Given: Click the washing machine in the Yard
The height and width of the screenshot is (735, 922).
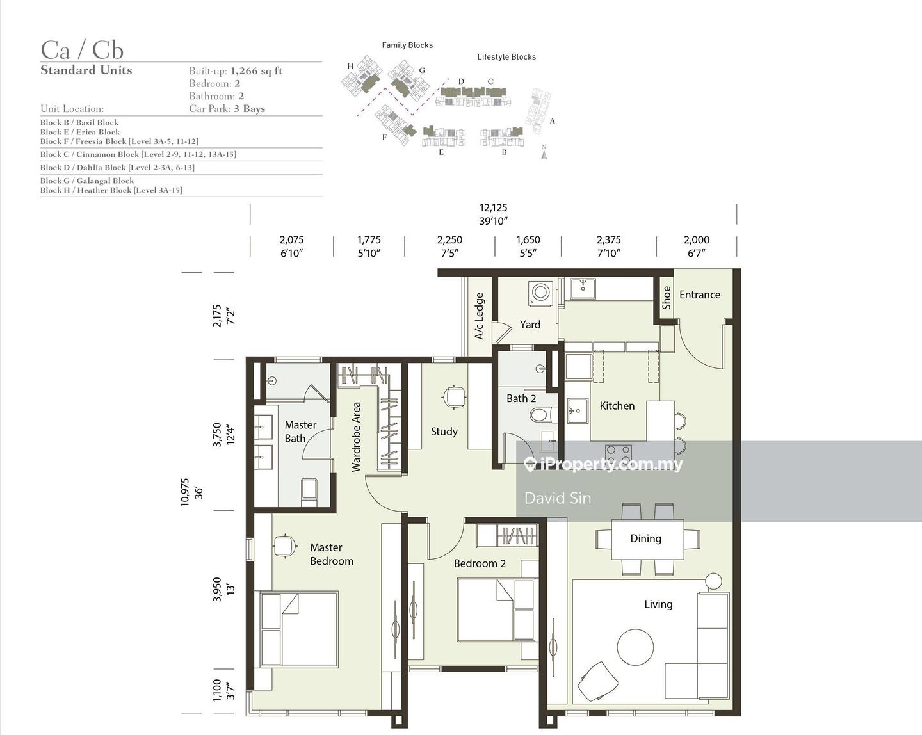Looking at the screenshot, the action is tap(540, 294).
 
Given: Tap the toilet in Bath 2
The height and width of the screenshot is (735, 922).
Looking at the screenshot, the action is tap(543, 414).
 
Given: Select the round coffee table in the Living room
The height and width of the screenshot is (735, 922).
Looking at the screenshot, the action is tap(635, 647).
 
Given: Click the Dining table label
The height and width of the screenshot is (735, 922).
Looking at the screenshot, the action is tap(645, 538).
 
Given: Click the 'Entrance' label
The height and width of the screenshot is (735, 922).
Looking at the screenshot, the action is tap(700, 295).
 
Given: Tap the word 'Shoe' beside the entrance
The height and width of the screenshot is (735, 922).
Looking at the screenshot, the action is tap(667, 298).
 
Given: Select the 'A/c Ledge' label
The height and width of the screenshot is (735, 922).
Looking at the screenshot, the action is tap(480, 316).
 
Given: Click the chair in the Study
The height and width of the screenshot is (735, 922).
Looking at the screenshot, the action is tap(453, 397).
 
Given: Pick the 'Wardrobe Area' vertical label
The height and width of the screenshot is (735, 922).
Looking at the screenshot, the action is tap(356, 437).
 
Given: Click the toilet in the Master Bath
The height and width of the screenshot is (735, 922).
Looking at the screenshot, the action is tap(309, 492).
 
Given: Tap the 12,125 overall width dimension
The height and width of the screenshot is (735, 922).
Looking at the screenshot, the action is tap(493, 208).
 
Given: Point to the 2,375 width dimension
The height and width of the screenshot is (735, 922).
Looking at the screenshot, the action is tap(608, 240).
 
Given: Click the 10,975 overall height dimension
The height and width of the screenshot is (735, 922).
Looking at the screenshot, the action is tap(184, 492).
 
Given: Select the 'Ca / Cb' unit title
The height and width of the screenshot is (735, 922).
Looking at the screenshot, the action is tap(82, 50).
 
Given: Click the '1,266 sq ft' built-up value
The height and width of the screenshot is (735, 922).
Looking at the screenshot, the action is tap(256, 71).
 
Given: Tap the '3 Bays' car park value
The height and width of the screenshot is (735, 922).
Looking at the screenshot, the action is tap(249, 109).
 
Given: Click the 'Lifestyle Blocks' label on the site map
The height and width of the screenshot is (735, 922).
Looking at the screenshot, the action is tap(506, 56).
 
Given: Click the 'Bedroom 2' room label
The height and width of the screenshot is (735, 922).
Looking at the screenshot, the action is tap(480, 563).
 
